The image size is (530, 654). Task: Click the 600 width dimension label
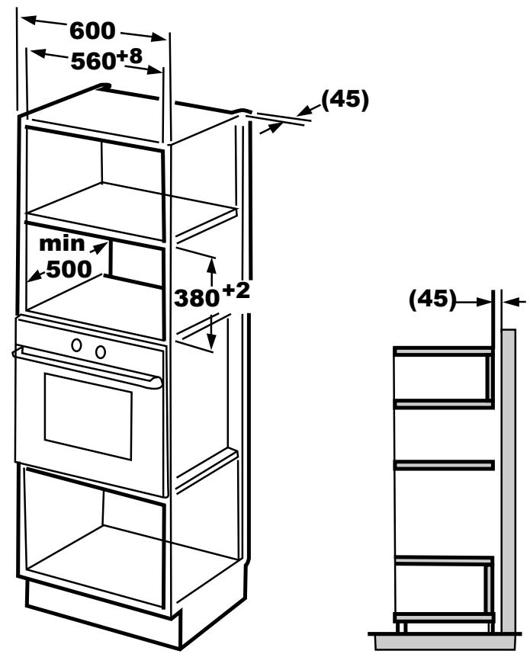click(92, 31)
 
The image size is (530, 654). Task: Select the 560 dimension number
click(92, 63)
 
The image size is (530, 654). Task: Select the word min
click(62, 245)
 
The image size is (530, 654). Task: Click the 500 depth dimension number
click(68, 269)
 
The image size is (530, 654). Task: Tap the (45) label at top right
click(344, 100)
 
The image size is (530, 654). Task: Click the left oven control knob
click(77, 345)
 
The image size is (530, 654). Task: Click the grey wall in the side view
click(510, 473)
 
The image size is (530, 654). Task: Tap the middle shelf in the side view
click(443, 463)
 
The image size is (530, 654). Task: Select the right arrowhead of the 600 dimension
click(160, 37)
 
